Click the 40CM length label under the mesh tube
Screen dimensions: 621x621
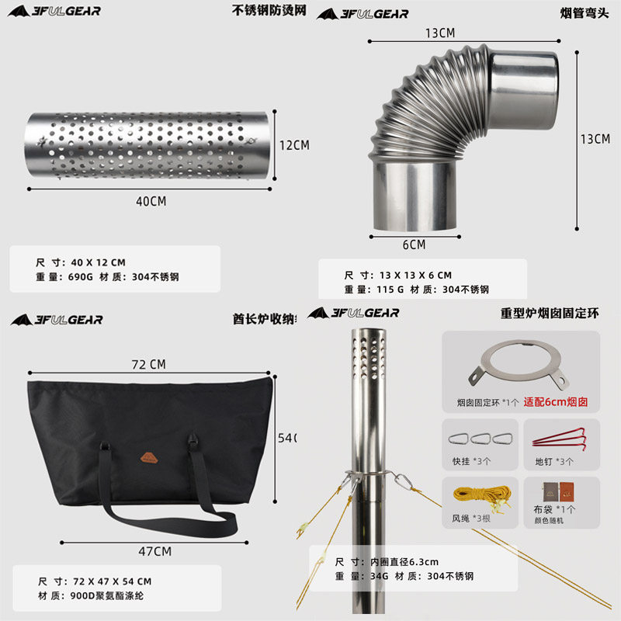coord(151,201)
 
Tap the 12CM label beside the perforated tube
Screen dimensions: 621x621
coord(294,145)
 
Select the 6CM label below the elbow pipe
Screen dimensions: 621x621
coord(414,245)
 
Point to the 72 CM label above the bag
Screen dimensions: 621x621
coord(147,364)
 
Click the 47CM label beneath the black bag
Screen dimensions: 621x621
coord(154,551)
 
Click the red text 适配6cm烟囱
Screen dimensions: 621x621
coord(557,403)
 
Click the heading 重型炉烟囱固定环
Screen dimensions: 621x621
coord(550,313)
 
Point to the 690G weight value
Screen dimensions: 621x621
coord(81,276)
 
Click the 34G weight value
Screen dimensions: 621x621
coord(377,576)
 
